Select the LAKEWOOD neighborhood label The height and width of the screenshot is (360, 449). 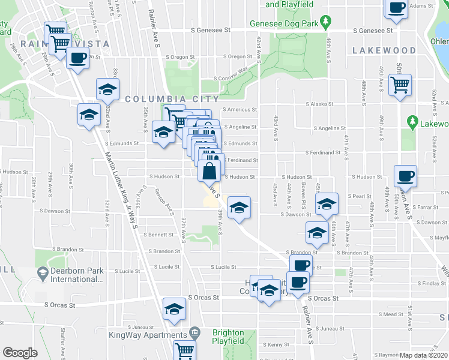click(x=384, y=50)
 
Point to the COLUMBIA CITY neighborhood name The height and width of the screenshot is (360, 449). click(x=172, y=98)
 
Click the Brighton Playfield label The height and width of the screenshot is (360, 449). click(x=228, y=336)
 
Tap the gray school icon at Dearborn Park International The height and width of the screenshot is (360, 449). click(x=43, y=275)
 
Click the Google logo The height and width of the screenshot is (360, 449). click(x=20, y=353)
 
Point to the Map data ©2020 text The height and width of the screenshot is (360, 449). click(x=423, y=355)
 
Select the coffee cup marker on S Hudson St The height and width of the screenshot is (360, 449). click(x=406, y=176)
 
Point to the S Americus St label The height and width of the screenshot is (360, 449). click(x=239, y=110)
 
